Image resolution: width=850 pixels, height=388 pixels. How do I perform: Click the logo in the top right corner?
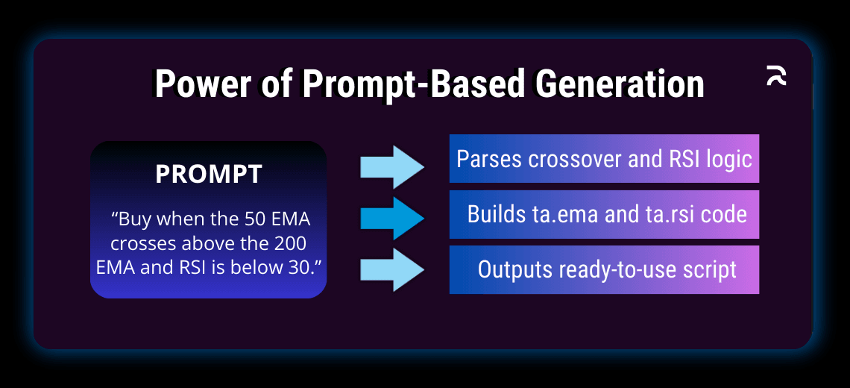pyautogui.click(x=776, y=76)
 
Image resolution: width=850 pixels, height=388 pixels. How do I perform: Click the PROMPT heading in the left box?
pyautogui.click(x=209, y=174)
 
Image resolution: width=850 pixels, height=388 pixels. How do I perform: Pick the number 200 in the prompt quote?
pyautogui.click(x=290, y=244)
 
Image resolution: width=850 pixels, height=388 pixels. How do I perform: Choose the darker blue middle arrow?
pyautogui.click(x=392, y=218)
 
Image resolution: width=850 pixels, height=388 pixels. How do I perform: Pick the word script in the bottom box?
pyautogui.click(x=708, y=269)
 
